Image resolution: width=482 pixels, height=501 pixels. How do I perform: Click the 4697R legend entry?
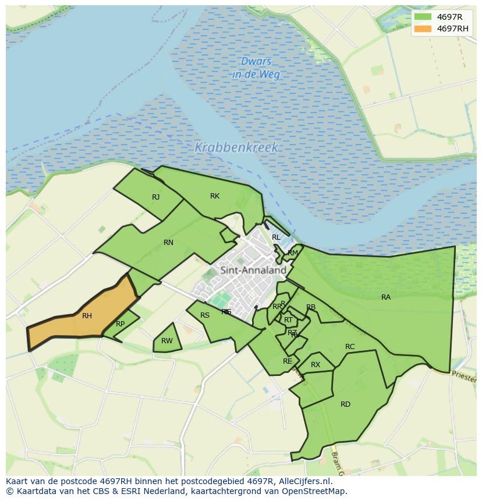pyautogui.click(x=449, y=17)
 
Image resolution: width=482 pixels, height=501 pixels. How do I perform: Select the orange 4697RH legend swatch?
pyautogui.click(x=423, y=29)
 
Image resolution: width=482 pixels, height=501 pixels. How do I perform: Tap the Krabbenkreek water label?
pyautogui.click(x=236, y=148)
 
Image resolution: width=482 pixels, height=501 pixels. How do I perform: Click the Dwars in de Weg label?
pyautogui.click(x=256, y=68)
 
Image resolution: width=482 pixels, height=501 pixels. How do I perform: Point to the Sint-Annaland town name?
pyautogui.click(x=253, y=270)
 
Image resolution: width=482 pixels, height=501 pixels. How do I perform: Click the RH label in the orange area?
pyautogui.click(x=87, y=316)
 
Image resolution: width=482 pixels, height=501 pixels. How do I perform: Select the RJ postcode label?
pyautogui.click(x=155, y=197)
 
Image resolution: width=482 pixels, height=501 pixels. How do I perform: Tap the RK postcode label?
pyautogui.click(x=215, y=196)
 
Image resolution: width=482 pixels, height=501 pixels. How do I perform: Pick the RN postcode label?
pyautogui.click(x=168, y=243)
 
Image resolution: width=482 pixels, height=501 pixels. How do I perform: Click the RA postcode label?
pyautogui.click(x=386, y=297)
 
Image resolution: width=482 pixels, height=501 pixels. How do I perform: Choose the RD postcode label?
pyautogui.click(x=345, y=404)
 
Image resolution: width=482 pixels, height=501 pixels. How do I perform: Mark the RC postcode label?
pyautogui.click(x=350, y=347)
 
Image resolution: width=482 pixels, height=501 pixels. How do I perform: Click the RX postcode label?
pyautogui.click(x=316, y=365)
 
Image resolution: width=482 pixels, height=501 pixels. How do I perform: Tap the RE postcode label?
pyautogui.click(x=287, y=361)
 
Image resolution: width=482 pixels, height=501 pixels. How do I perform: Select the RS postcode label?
pyautogui.click(x=205, y=315)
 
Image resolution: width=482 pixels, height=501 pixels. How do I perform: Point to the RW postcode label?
pyautogui.click(x=167, y=341)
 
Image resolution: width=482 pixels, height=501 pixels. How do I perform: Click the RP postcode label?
pyautogui.click(x=120, y=324)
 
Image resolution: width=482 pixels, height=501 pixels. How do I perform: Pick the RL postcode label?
pyautogui.click(x=276, y=237)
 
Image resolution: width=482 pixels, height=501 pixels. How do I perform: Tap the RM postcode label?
pyautogui.click(x=293, y=253)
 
